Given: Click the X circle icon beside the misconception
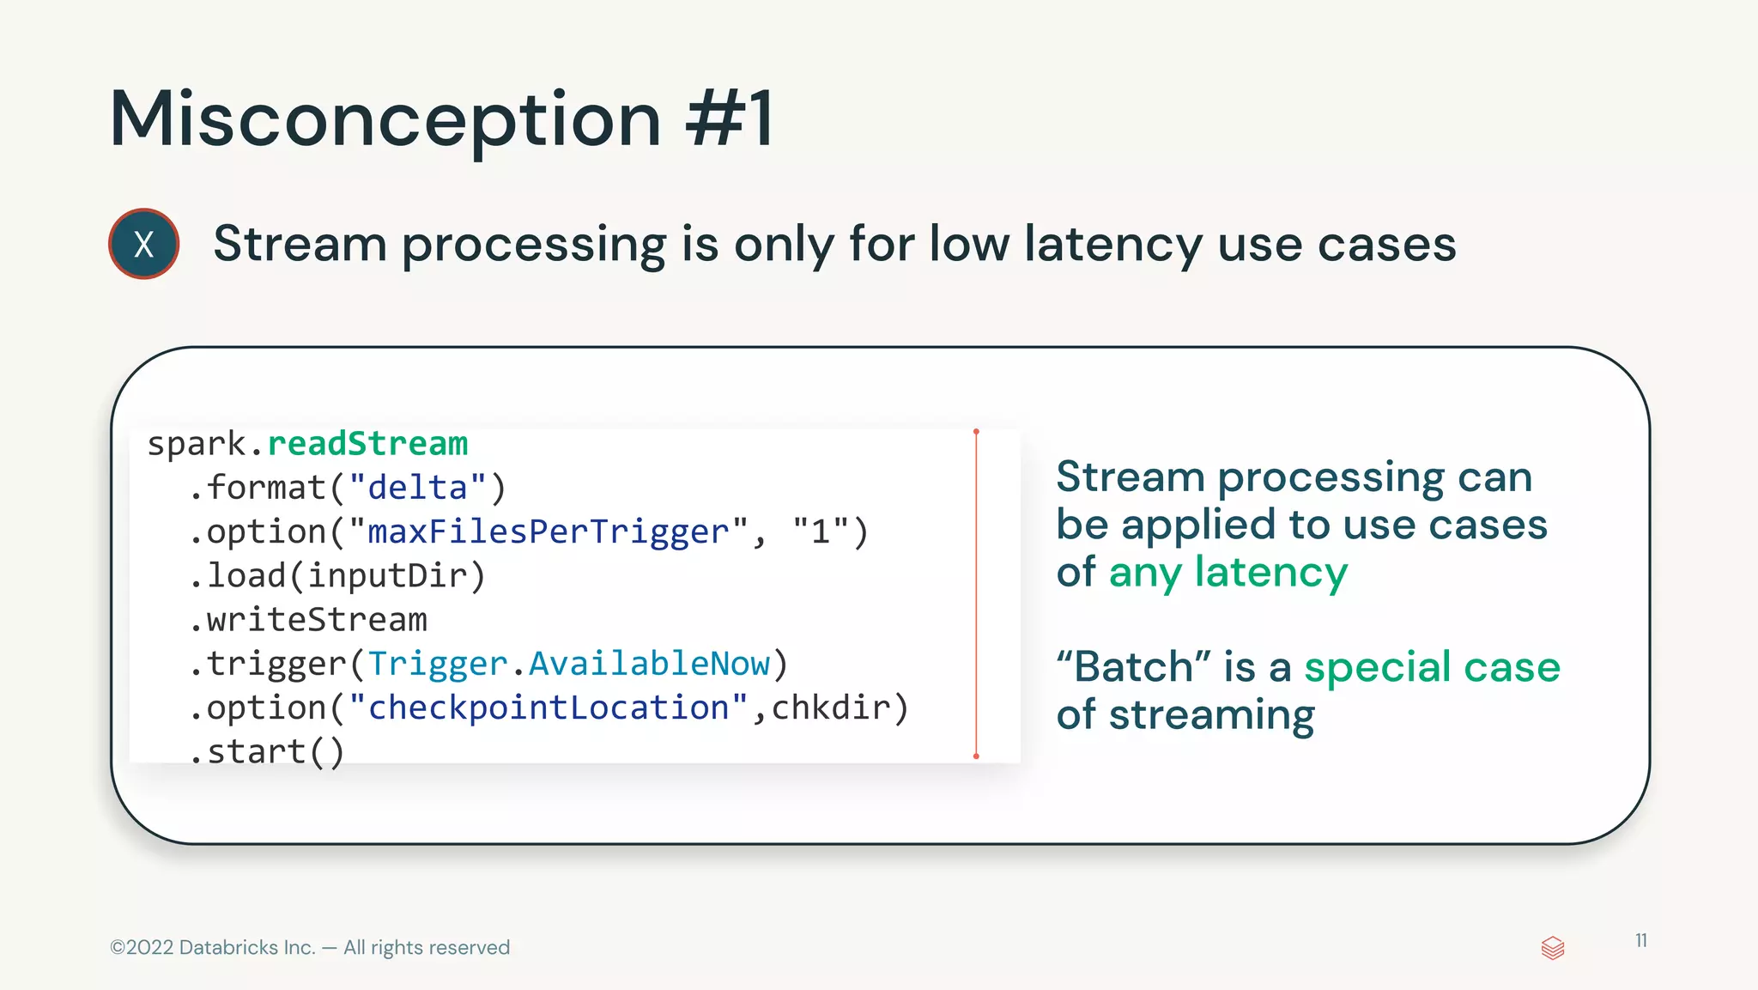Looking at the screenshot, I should coord(143,244).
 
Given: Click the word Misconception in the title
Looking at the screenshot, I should coord(385,119).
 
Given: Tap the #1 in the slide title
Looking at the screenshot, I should coord(730,119).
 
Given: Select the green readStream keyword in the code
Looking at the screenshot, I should coord(367,444).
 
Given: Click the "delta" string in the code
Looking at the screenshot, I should coord(418,488).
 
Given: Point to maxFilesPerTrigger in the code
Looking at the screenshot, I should coord(549,531).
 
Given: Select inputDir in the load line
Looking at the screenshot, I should coord(388,575).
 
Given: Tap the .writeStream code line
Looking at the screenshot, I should coord(308,619).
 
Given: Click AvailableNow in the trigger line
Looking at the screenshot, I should coord(649,664).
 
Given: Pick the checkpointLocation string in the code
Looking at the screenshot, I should coord(549,708).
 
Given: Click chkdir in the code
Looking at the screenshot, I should coord(830,708).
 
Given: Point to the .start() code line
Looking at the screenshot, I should coord(267,751).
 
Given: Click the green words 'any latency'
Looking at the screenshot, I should coord(1228,572).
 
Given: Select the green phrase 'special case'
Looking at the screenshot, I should coord(1432,667).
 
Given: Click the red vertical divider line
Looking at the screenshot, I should coord(976,593).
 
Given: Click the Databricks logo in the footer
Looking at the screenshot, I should coord(1553,948).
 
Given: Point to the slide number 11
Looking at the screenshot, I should coord(1640,940).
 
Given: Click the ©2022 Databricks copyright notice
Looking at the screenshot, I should coord(310,947).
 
